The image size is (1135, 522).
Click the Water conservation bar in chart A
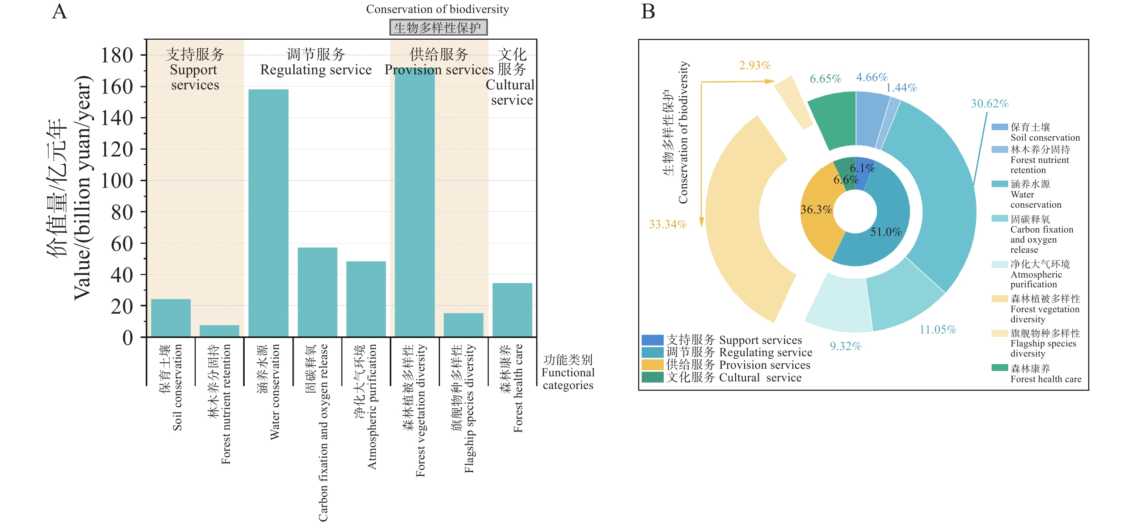[x=268, y=213]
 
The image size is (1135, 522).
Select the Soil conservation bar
[x=171, y=318]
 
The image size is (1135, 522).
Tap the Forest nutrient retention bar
[x=219, y=331]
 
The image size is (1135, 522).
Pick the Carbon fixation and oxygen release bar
[x=317, y=292]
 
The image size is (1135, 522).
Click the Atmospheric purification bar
[x=366, y=299]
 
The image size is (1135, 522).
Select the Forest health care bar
[x=512, y=310]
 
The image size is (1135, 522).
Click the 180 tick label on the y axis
[x=117, y=56]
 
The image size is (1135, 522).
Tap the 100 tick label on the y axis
[x=117, y=181]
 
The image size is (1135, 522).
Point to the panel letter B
[x=648, y=12]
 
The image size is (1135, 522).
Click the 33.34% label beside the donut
[x=668, y=224]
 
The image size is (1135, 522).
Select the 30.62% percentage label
[x=989, y=103]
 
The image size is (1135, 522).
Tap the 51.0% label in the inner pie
[x=886, y=232]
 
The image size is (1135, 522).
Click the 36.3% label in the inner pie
[x=816, y=209]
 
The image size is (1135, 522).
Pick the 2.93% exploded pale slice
[x=793, y=103]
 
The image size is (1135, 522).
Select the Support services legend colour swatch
[x=653, y=340]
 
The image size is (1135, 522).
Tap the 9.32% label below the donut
[x=846, y=346]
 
